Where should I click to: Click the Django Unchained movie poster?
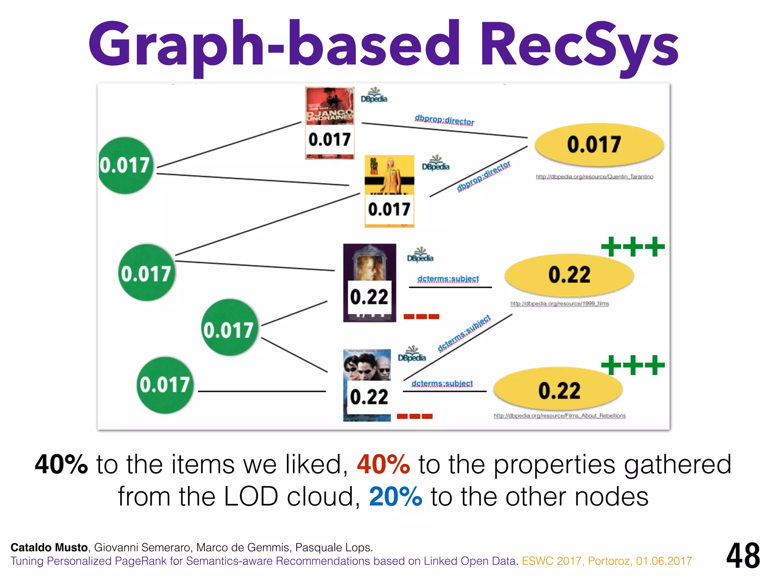click(330, 109)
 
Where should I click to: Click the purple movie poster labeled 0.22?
click(369, 262)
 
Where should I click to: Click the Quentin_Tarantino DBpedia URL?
click(594, 177)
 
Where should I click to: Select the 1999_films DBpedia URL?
click(560, 303)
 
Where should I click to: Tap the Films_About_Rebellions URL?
click(560, 415)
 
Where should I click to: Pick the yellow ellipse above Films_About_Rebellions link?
click(558, 390)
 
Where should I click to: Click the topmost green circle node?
click(125, 165)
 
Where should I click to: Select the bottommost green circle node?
click(165, 385)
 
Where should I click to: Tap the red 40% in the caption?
click(383, 465)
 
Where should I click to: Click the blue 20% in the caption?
click(395, 496)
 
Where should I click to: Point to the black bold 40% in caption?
click(61, 465)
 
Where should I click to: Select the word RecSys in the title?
click(579, 45)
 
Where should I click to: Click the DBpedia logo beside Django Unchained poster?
click(374, 95)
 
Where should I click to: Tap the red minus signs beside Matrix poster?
click(415, 416)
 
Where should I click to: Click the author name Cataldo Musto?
click(49, 547)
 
